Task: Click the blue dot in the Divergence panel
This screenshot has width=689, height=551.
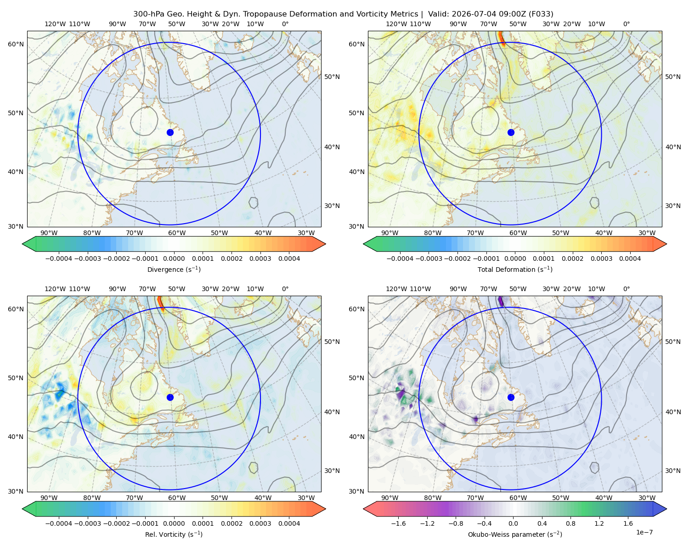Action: tap(170, 132)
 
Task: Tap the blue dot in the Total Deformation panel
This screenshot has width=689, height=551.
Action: tap(511, 132)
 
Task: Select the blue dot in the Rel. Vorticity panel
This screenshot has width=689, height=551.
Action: tap(170, 397)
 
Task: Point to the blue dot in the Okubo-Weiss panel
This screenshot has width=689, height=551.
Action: tap(511, 397)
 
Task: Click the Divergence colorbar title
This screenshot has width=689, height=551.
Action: tap(174, 269)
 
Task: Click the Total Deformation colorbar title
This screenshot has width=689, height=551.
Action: tap(515, 269)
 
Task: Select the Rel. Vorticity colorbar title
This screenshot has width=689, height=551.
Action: tap(174, 534)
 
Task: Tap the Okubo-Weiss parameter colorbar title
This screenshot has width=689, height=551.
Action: tap(515, 534)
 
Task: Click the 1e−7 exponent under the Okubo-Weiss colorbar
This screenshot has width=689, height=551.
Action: tap(644, 532)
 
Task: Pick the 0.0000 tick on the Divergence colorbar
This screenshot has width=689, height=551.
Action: tap(174, 259)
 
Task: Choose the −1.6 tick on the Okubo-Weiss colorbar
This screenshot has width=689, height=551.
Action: tap(398, 523)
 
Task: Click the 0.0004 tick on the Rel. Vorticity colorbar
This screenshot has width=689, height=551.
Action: tap(289, 523)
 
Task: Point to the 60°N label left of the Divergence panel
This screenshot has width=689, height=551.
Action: tap(16, 44)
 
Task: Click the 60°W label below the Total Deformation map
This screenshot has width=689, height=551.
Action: tap(518, 233)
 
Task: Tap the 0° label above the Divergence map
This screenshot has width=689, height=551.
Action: tap(285, 24)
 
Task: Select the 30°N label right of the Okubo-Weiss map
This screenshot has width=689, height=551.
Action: tap(672, 471)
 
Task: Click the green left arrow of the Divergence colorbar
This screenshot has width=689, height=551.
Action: tap(29, 244)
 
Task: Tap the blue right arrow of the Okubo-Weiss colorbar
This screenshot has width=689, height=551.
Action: tap(660, 509)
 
